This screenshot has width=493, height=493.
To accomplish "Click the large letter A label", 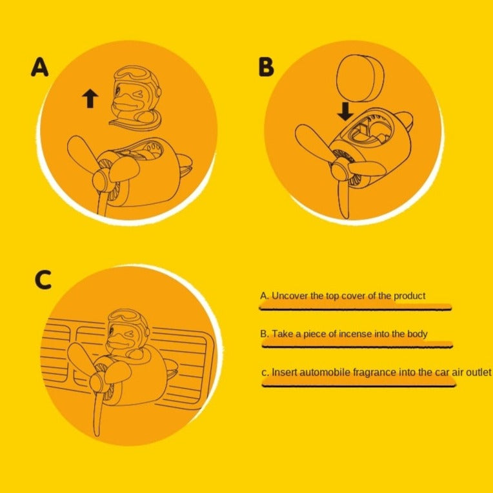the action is coord(39,67).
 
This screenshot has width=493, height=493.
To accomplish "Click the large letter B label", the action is coord(266,67).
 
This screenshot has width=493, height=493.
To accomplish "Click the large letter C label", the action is coord(43,279).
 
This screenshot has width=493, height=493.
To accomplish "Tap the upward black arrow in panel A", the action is coord(90,98).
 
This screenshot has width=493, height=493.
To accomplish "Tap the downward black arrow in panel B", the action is coord(345,112).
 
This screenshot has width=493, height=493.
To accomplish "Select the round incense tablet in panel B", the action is coord(360,78).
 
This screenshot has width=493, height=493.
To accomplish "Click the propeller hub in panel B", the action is coord(340,169).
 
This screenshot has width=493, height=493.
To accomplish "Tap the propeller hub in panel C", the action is coord(98,381).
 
